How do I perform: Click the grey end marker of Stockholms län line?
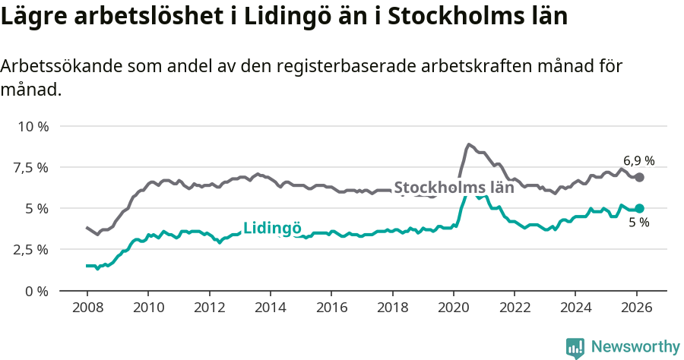click(x=639, y=177)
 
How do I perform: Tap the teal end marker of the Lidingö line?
click(x=639, y=208)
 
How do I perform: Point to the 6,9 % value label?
click(x=638, y=161)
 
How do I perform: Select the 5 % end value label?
click(x=638, y=223)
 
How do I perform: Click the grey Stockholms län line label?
click(x=454, y=188)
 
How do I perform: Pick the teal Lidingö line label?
click(x=272, y=229)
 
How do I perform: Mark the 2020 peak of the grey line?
click(x=469, y=144)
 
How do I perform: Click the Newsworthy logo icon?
click(x=575, y=347)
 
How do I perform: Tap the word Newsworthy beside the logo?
click(x=635, y=347)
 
